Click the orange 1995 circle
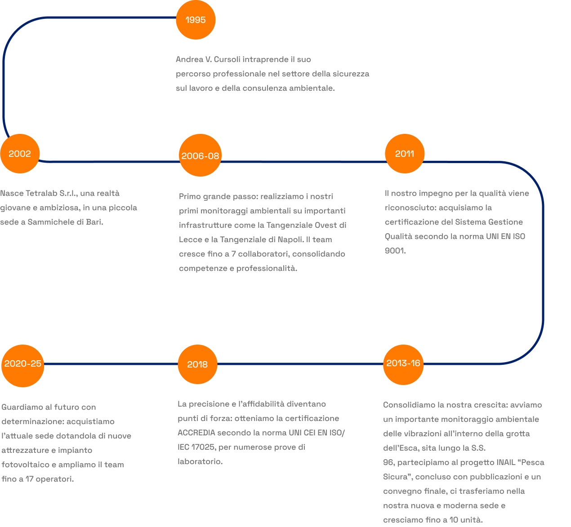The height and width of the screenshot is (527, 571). [x=196, y=20]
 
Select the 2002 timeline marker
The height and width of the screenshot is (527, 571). [x=20, y=154]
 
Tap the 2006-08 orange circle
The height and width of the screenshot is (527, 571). [x=200, y=156]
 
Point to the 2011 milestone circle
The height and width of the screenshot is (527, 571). [x=405, y=154]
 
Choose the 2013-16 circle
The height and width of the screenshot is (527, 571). [x=403, y=363]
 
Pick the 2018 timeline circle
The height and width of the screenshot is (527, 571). [x=197, y=364]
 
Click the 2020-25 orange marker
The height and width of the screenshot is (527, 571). [x=23, y=364]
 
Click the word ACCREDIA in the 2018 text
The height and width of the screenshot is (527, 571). [x=196, y=433]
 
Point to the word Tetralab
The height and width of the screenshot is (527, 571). [x=42, y=193]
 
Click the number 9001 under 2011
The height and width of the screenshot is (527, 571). [x=394, y=251]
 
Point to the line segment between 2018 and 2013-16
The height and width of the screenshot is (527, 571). [x=300, y=364]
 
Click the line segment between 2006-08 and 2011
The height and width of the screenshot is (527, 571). [x=303, y=162]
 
